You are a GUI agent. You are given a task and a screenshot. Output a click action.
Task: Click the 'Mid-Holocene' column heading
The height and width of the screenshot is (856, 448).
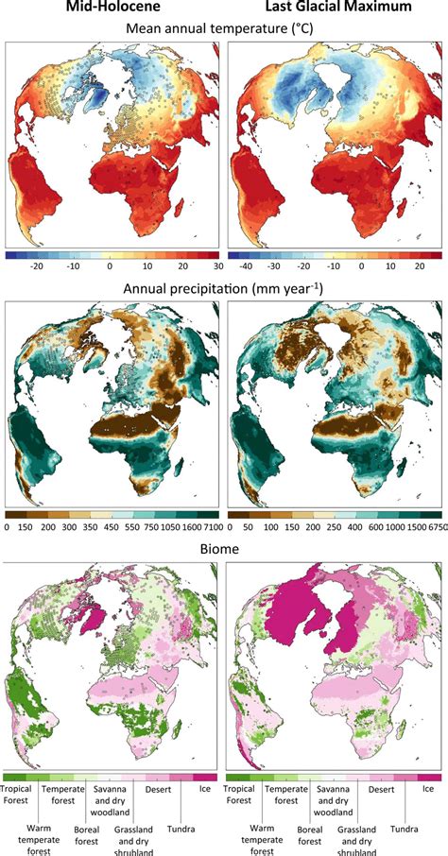(112, 9)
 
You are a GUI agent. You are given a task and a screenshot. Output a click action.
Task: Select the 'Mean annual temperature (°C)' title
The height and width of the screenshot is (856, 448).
(223, 30)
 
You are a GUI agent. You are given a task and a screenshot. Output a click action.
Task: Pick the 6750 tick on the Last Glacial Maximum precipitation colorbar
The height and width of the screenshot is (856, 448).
(430, 526)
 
